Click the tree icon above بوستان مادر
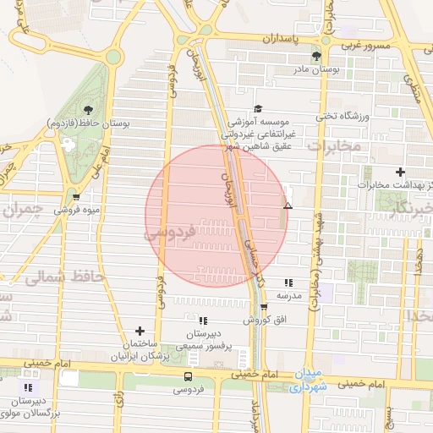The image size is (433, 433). tap(317, 58)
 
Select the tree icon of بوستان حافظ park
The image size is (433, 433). tap(88, 109)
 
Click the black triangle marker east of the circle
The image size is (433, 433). tap(288, 205)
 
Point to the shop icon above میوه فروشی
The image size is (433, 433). tap(76, 196)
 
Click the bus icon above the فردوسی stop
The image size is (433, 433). tap(187, 376)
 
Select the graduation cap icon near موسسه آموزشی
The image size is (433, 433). tap(258, 108)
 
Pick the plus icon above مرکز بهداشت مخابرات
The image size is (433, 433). tap(400, 172)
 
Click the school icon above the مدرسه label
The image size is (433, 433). tap(288, 283)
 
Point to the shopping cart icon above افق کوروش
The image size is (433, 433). tap(264, 307)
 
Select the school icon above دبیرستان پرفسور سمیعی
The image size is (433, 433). tap(202, 321)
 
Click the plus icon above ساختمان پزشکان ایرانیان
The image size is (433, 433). tap(140, 331)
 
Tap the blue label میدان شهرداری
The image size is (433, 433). tap(303, 381)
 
